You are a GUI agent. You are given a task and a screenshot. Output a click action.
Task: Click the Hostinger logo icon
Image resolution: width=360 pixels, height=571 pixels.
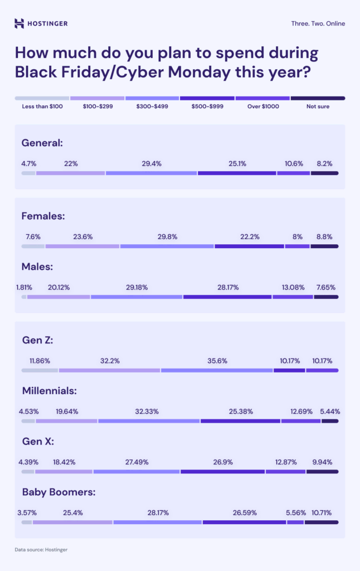(x=20, y=23)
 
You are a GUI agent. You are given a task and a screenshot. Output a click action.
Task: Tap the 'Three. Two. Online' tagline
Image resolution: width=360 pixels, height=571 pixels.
(x=318, y=23)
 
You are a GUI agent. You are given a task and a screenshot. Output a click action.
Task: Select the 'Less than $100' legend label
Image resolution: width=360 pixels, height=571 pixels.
(x=42, y=106)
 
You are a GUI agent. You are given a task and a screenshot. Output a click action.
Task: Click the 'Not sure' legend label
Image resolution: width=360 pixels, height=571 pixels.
(x=318, y=106)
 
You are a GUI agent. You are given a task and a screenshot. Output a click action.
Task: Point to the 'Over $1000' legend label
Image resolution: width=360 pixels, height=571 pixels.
(x=263, y=106)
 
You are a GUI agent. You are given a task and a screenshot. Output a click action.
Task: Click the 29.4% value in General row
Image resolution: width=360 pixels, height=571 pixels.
(x=152, y=163)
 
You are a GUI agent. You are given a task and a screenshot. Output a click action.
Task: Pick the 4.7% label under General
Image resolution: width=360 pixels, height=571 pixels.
(x=29, y=163)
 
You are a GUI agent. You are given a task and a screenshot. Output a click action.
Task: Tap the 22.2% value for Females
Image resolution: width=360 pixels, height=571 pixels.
(x=250, y=236)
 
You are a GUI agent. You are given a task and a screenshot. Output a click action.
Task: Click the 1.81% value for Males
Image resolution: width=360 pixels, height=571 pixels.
(x=24, y=287)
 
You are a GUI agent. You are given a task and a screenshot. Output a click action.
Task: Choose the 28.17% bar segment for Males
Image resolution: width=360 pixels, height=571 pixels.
(x=227, y=297)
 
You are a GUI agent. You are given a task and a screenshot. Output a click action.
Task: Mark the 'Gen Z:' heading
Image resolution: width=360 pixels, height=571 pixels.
(x=37, y=340)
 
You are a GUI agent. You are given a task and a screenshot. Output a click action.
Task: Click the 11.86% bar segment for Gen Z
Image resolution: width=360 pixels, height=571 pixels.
(x=40, y=370)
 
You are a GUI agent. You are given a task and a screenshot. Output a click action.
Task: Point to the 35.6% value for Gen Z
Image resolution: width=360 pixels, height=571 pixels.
(x=217, y=360)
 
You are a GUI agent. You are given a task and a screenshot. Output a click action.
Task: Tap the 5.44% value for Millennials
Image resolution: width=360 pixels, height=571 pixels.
(x=330, y=412)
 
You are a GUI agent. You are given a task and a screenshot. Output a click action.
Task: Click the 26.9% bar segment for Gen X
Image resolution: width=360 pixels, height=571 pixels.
(x=222, y=472)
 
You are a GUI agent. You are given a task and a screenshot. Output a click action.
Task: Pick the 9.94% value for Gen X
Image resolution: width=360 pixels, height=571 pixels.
(x=322, y=462)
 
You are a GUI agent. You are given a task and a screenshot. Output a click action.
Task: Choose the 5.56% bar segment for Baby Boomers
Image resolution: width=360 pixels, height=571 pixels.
(x=295, y=522)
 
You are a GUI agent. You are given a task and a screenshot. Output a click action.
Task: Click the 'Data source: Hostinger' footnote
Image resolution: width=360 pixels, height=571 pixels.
(x=41, y=550)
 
